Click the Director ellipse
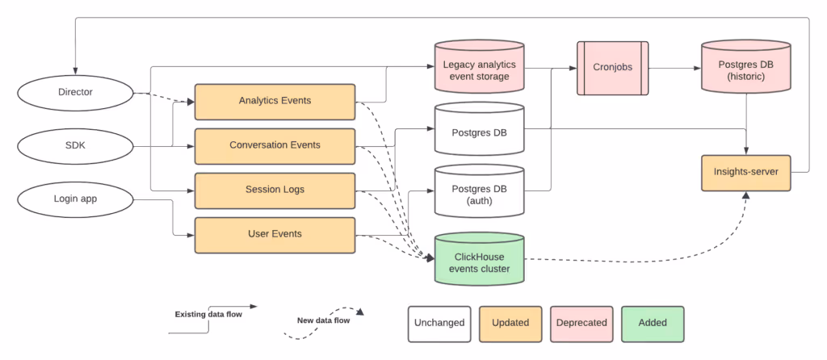(x=75, y=92)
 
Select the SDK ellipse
(x=75, y=145)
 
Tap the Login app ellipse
(x=75, y=199)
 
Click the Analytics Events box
(x=275, y=101)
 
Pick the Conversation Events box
(x=275, y=145)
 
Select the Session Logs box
(x=275, y=190)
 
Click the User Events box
(x=275, y=235)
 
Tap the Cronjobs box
(x=612, y=68)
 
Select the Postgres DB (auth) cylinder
(x=479, y=191)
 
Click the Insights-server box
(x=745, y=173)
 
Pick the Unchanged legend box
(x=439, y=323)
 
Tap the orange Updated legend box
(x=510, y=323)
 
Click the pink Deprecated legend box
(x=581, y=323)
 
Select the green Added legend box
(x=653, y=323)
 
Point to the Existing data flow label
(x=208, y=315)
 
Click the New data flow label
(x=323, y=320)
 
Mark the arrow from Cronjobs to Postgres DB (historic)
(x=674, y=69)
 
